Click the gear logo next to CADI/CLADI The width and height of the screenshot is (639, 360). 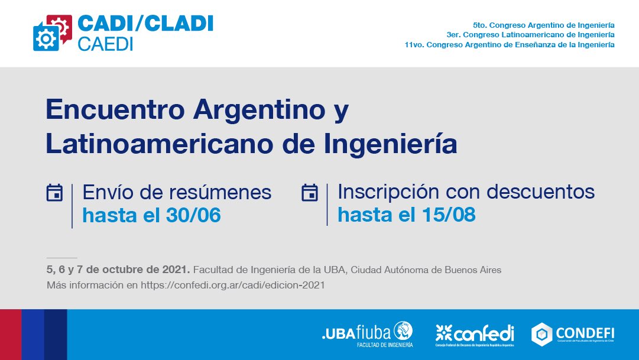[53, 33]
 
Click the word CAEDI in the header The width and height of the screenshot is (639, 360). [105, 44]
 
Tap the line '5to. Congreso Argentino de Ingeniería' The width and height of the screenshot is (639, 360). [543, 25]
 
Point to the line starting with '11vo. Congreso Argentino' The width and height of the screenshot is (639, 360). [510, 44]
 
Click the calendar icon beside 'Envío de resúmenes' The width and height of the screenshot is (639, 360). [55, 193]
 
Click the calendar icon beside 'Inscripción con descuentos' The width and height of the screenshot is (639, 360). [310, 193]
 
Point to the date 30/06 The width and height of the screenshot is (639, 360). [191, 215]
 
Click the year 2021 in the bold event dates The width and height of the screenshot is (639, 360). [175, 270]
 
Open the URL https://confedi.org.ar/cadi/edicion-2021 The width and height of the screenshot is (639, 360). [233, 285]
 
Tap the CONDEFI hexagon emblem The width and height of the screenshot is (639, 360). [541, 334]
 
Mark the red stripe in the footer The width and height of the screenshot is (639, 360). [11, 335]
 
